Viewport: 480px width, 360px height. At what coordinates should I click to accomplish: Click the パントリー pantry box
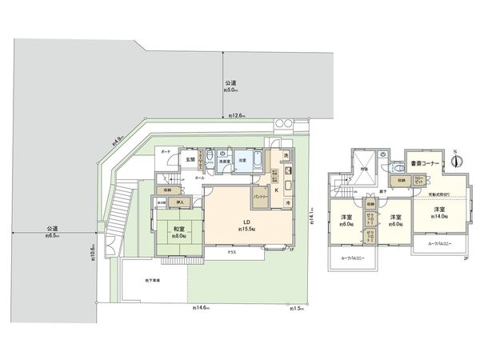(x=260, y=196)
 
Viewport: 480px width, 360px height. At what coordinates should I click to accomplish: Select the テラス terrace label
(x=231, y=251)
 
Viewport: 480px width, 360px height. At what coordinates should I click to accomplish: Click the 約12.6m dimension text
(x=238, y=117)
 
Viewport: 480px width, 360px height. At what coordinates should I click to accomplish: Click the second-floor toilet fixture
(x=398, y=169)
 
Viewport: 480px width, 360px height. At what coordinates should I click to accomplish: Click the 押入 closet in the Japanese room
(x=180, y=203)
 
